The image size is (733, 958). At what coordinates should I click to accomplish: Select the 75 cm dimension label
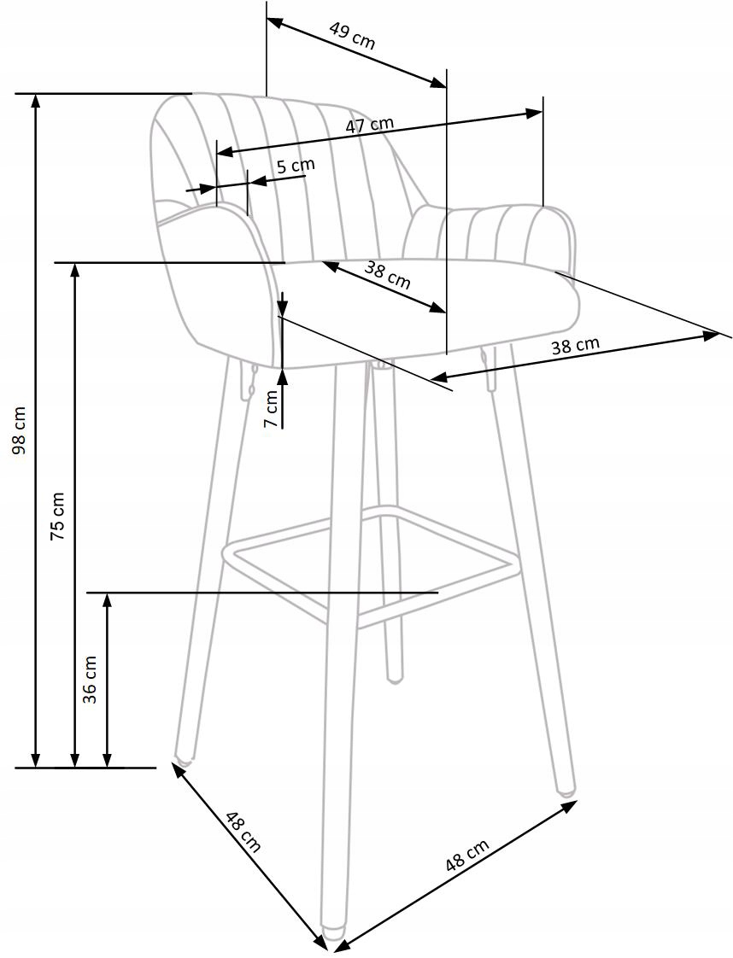pos(58,516)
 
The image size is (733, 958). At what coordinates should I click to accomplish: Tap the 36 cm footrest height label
pos(90,679)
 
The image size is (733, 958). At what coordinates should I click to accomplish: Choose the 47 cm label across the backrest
pos(370,125)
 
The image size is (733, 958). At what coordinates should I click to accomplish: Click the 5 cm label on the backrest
pos(295,165)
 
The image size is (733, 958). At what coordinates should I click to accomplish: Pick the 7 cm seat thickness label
pos(271,409)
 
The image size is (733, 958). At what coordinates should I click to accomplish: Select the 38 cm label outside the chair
pos(575,346)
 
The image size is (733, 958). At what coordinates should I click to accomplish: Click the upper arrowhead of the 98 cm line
pos(35,100)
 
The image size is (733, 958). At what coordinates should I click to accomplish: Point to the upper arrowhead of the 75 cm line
pos(75,270)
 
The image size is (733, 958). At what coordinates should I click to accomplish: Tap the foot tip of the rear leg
pos(394,679)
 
